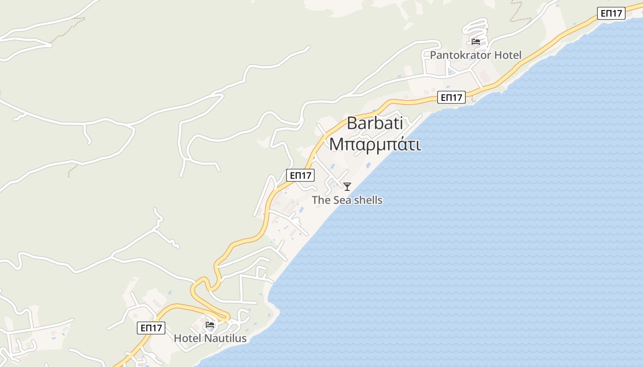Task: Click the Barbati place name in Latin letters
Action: click(x=375, y=123)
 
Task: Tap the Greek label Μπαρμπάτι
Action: click(x=375, y=144)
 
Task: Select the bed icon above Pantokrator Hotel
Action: click(x=476, y=42)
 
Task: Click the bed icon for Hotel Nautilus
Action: click(x=210, y=325)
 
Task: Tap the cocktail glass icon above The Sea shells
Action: click(x=347, y=187)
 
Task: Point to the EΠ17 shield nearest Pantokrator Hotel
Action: click(x=451, y=97)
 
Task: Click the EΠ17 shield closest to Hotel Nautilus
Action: click(x=151, y=328)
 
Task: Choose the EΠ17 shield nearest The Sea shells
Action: click(x=300, y=175)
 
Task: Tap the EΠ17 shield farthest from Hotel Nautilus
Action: click(x=611, y=13)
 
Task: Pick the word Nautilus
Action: click(x=225, y=339)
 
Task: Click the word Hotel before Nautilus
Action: click(x=187, y=339)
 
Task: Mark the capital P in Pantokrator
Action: click(x=433, y=56)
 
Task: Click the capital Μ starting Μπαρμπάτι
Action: click(x=336, y=144)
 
